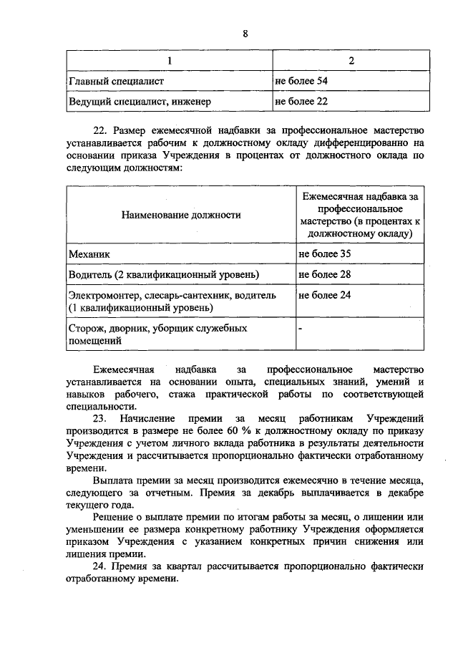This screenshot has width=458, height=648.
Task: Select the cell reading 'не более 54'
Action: (x=301, y=82)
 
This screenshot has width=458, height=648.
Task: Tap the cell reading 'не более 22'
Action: (x=301, y=102)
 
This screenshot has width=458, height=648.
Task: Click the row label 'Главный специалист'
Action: (x=116, y=82)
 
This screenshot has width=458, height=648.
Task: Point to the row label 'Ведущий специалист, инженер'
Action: (x=140, y=102)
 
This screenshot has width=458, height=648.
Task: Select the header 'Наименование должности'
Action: (x=180, y=214)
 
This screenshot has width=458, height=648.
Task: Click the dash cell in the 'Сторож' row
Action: (x=301, y=329)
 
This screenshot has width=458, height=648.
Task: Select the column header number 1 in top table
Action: (x=170, y=62)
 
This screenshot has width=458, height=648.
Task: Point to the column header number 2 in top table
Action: (x=351, y=62)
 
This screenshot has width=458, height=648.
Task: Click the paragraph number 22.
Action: (x=101, y=131)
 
